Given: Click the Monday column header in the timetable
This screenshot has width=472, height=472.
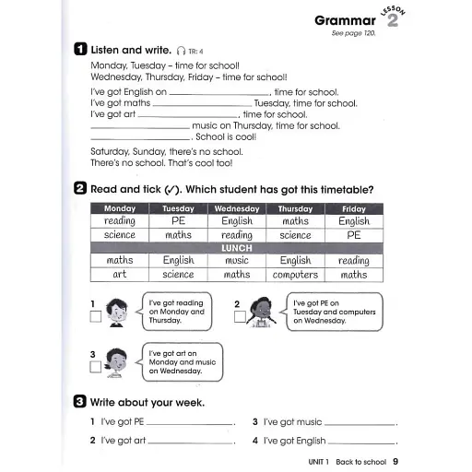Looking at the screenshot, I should [x=120, y=209].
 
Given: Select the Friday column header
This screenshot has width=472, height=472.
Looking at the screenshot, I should [x=353, y=209].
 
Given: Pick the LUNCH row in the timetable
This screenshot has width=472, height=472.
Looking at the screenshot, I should [x=236, y=248].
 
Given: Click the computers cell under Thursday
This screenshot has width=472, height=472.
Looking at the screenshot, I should [x=295, y=275].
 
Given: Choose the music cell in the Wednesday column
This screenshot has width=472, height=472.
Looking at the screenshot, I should [x=236, y=261].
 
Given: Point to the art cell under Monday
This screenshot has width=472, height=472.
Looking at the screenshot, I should [x=120, y=275].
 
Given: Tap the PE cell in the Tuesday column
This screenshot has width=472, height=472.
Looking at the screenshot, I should [x=178, y=222].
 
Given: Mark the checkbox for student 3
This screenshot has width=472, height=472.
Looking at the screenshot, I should [x=96, y=367].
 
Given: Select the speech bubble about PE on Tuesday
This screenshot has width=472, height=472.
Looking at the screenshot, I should [x=332, y=312].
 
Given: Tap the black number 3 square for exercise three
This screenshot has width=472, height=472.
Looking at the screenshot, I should [x=81, y=402].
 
